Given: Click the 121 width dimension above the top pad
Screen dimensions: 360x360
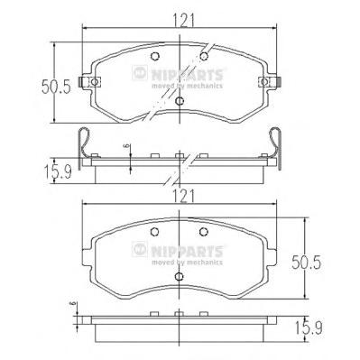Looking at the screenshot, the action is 182,21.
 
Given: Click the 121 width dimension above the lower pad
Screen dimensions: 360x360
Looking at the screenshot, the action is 182,197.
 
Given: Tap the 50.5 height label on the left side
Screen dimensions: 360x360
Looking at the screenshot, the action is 56,87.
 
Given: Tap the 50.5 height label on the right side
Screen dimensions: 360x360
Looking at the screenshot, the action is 307,263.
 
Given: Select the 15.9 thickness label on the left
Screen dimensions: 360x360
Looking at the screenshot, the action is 58,172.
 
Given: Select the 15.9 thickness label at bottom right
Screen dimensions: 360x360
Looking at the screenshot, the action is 309,328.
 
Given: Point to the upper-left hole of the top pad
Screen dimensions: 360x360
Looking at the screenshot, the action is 154,56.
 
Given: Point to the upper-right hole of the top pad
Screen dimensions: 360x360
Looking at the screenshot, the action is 204,56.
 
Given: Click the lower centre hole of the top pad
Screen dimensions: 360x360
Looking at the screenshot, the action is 180,101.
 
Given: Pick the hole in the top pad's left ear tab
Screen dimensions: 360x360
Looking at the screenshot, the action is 94,82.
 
